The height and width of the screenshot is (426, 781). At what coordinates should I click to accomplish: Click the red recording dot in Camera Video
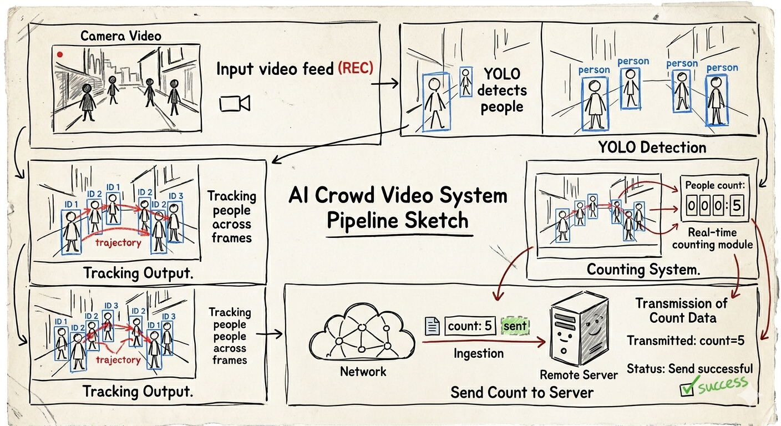pos(59,54)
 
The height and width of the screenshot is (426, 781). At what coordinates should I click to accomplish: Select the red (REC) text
pos(356,69)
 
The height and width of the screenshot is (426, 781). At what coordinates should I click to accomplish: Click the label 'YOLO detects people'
pos(503,90)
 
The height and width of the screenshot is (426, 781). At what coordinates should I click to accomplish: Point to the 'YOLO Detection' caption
pos(652,148)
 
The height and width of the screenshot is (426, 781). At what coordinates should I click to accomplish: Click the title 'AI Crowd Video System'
pos(398,196)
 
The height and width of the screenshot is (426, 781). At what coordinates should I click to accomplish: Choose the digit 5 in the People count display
pos(737,206)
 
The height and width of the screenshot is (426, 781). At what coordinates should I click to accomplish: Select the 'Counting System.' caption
pos(643,270)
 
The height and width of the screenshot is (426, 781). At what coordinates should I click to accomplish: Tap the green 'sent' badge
pos(515,326)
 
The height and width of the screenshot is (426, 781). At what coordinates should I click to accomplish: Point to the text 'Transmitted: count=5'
pos(686,341)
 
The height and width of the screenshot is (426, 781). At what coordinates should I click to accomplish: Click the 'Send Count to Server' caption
pos(522,393)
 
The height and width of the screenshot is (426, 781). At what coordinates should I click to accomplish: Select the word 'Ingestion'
pos(478,353)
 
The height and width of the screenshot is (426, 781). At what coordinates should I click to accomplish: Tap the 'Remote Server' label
pos(579,375)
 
